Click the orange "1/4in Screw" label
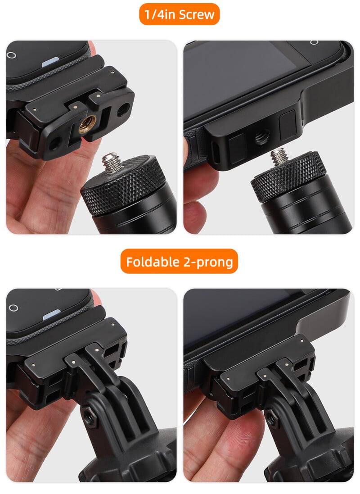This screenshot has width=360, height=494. point(180,14)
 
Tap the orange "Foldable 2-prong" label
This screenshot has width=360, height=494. point(179,261)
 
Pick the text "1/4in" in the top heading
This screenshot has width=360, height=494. point(162,14)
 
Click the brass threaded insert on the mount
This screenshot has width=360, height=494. point(87,123)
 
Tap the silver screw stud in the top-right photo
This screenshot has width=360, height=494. point(279,155)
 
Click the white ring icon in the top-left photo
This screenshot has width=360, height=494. point(12,55)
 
